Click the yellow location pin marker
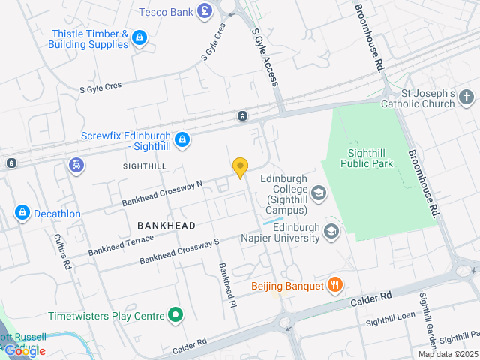pyautogui.click(x=240, y=168)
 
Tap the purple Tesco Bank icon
pyautogui.click(x=204, y=11)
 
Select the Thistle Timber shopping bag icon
pyautogui.click(x=139, y=37)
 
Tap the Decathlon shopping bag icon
pyautogui.click(x=22, y=214)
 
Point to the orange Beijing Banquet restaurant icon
pyautogui.click(x=335, y=286)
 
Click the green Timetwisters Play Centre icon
pyautogui.click(x=175, y=316)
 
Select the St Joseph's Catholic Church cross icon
pyautogui.click(x=466, y=97)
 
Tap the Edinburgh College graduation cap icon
pyautogui.click(x=319, y=194)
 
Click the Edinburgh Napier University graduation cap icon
pyautogui.click(x=331, y=232)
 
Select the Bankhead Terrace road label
pyautogui.click(x=121, y=244)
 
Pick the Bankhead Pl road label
pyautogui.click(x=223, y=282)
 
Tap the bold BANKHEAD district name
pyautogui.click(x=166, y=226)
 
